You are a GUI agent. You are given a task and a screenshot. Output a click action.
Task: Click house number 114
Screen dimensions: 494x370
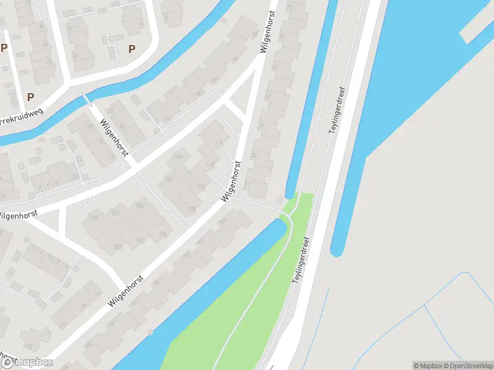[x=219, y=143]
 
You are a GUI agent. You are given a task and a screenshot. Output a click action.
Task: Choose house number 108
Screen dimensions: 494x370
[x=191, y=209]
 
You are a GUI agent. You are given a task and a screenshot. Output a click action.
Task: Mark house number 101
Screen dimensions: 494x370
[x=94, y=218]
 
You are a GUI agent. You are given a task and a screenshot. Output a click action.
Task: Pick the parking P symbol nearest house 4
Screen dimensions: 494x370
[x=131, y=49]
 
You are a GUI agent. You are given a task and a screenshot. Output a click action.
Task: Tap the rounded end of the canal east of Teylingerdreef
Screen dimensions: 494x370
[x=337, y=250]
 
